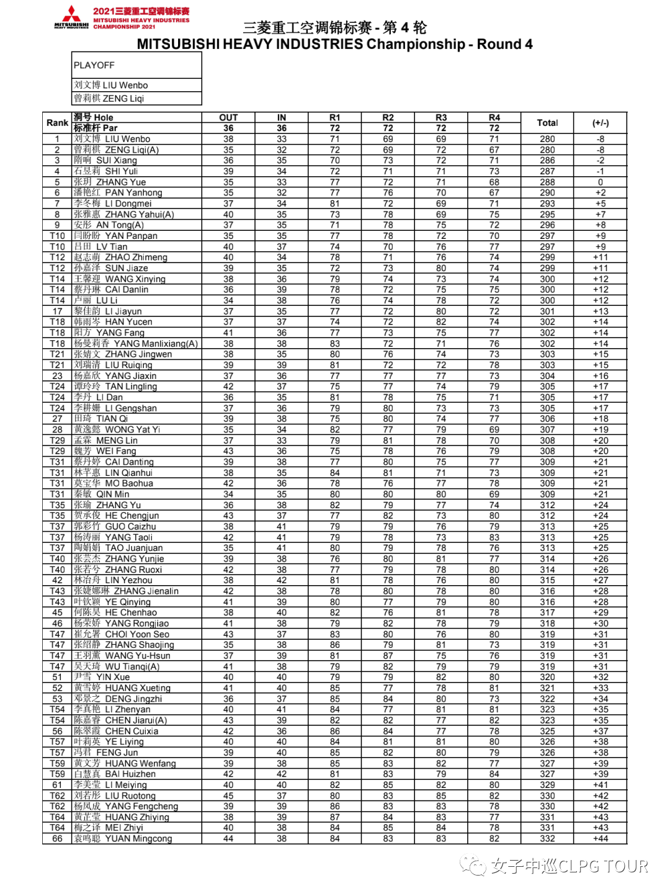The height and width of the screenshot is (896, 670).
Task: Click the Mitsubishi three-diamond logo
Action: [x=72, y=14]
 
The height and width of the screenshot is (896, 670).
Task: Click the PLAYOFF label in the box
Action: [x=94, y=65]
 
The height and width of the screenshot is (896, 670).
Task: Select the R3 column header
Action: [x=441, y=117]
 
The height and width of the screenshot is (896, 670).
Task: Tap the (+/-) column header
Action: [x=600, y=123]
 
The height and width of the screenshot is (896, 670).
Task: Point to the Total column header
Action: [x=547, y=123]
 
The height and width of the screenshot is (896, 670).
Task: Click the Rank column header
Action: [x=57, y=123]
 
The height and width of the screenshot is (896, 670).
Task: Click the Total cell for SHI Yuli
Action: [x=547, y=171]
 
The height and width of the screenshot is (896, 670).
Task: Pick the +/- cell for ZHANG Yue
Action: [x=600, y=182]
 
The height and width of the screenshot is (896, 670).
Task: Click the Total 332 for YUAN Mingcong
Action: [x=547, y=838]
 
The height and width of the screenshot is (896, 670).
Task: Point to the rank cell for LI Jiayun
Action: [x=57, y=311]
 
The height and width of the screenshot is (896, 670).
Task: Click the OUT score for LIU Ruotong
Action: [x=228, y=795]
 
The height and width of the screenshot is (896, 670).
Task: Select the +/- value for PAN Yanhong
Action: [x=600, y=193]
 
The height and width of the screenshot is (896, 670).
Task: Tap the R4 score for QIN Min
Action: [x=494, y=495]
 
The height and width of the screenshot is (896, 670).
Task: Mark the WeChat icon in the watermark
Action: [x=473, y=866]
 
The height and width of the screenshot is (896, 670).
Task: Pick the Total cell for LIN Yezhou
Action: [x=547, y=580]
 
